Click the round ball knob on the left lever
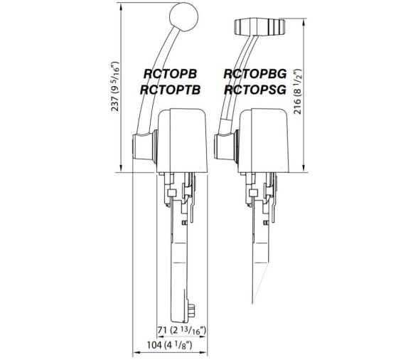tap(184, 17)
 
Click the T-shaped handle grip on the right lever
tap(259, 27)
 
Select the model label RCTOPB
tap(170, 74)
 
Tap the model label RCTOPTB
tap(170, 90)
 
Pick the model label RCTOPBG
tap(255, 74)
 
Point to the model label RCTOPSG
tap(255, 90)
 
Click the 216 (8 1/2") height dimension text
tap(298, 91)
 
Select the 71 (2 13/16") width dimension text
tap(181, 330)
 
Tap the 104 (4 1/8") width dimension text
tap(169, 345)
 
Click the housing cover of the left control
tap(183, 140)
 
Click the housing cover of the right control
tap(264, 140)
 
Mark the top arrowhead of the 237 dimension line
tap(122, 6)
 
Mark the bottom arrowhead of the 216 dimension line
tap(304, 168)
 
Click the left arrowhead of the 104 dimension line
tap(136, 352)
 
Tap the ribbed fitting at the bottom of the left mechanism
tap(192, 312)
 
